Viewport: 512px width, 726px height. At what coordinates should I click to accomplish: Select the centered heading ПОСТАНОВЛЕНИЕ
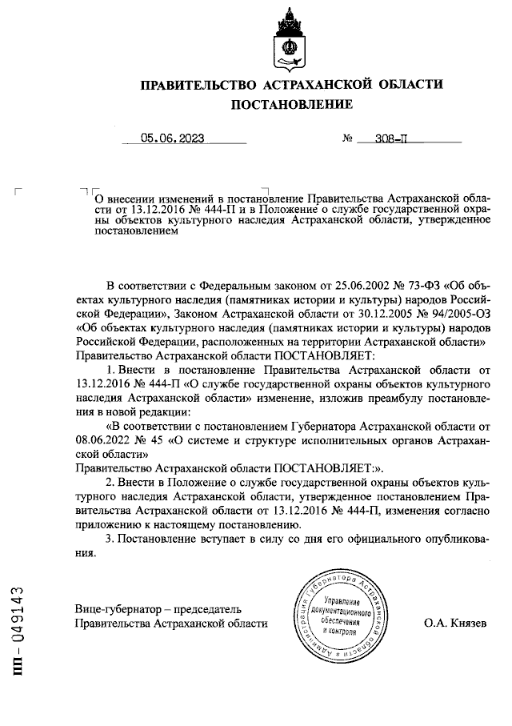291,105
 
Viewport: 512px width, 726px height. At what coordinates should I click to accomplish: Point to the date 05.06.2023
172,138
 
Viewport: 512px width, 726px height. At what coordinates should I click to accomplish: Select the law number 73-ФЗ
418,284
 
